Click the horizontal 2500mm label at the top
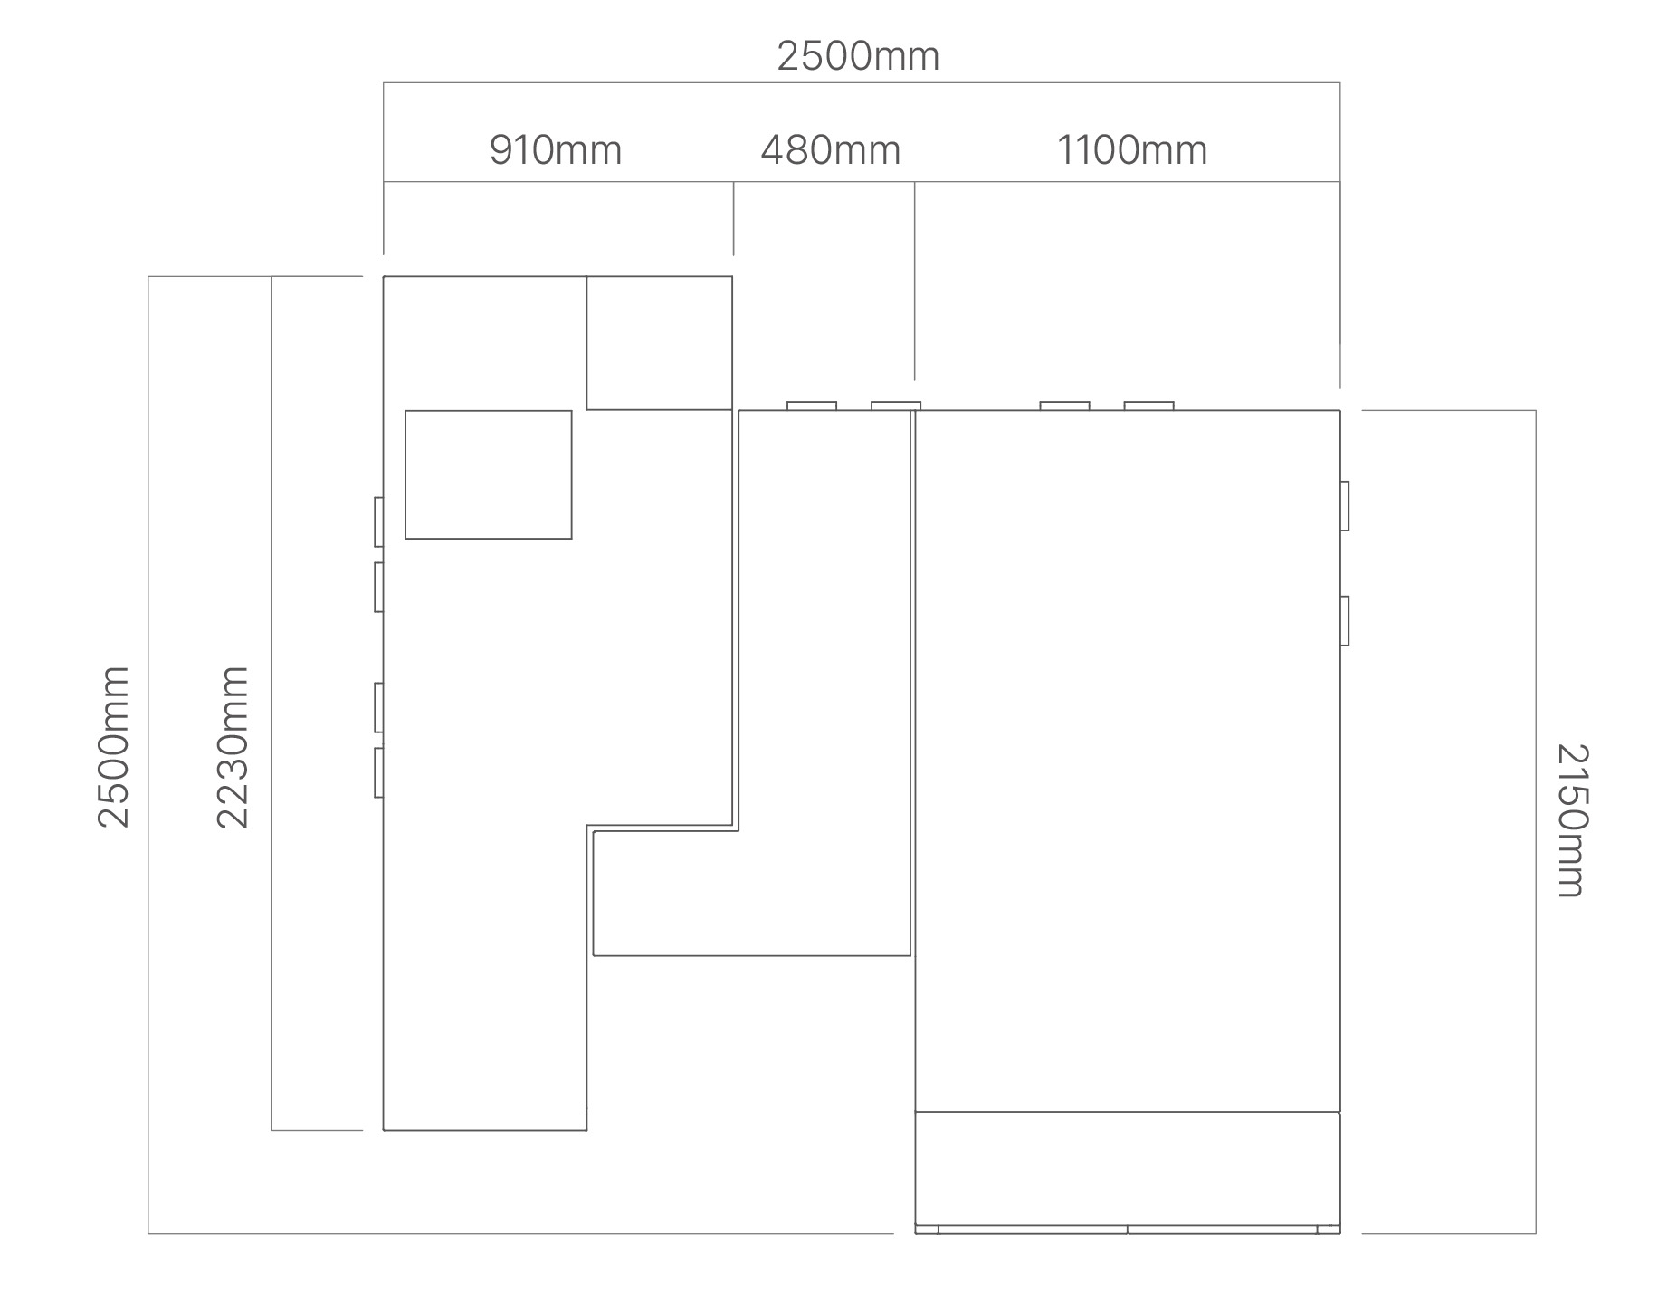click(x=858, y=56)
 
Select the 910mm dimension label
click(x=556, y=150)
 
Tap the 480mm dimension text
click(x=831, y=150)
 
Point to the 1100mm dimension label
click(x=1132, y=150)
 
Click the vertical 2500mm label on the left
click(x=114, y=747)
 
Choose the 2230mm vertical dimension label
click(x=233, y=747)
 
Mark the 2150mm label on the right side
click(x=1572, y=820)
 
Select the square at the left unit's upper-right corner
click(x=660, y=343)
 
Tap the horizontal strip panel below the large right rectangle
click(x=1128, y=1168)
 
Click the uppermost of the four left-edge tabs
click(x=379, y=522)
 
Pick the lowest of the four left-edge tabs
click(x=379, y=772)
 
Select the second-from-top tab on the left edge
click(x=379, y=587)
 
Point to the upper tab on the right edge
click(x=1345, y=506)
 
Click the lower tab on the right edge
click(x=1345, y=621)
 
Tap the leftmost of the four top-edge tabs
click(x=812, y=406)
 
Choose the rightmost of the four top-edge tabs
click(x=1149, y=406)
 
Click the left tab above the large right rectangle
click(x=1065, y=406)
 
